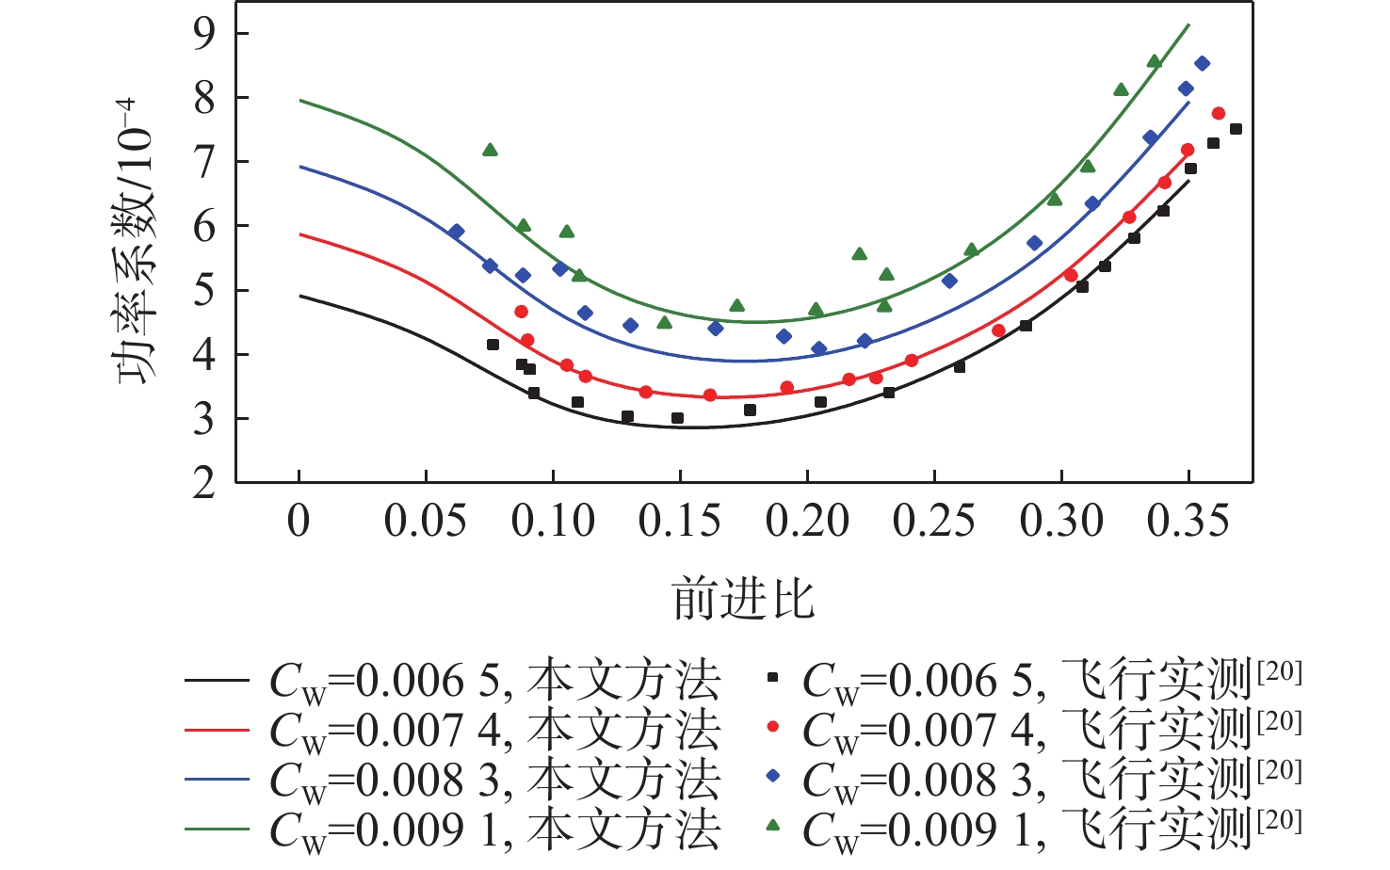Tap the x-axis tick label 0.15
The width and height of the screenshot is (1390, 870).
pyautogui.click(x=679, y=521)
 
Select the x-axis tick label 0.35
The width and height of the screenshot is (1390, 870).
pyautogui.click(x=1188, y=521)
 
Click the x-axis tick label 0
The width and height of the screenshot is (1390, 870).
pyautogui.click(x=299, y=521)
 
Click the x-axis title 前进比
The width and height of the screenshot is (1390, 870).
pyautogui.click(x=743, y=599)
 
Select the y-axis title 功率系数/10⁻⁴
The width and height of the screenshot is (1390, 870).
pyautogui.click(x=134, y=241)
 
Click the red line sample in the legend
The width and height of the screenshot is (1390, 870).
pyautogui.click(x=217, y=729)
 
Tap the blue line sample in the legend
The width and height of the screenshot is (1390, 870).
pyautogui.click(x=217, y=779)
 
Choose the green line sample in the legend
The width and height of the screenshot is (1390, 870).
pyautogui.click(x=217, y=829)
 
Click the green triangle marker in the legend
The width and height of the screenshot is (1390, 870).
pyautogui.click(x=773, y=826)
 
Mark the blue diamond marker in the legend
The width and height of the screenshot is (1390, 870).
pyautogui.click(x=773, y=776)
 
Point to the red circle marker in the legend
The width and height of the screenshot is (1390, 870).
pyautogui.click(x=773, y=726)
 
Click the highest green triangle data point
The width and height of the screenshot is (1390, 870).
pyautogui.click(x=1154, y=61)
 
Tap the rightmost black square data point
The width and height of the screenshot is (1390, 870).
pyautogui.click(x=1236, y=129)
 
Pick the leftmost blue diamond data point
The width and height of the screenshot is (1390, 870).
pyautogui.click(x=457, y=232)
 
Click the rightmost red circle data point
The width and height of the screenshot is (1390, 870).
pyautogui.click(x=1219, y=113)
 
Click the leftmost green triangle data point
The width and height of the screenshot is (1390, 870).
pyautogui.click(x=490, y=150)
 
